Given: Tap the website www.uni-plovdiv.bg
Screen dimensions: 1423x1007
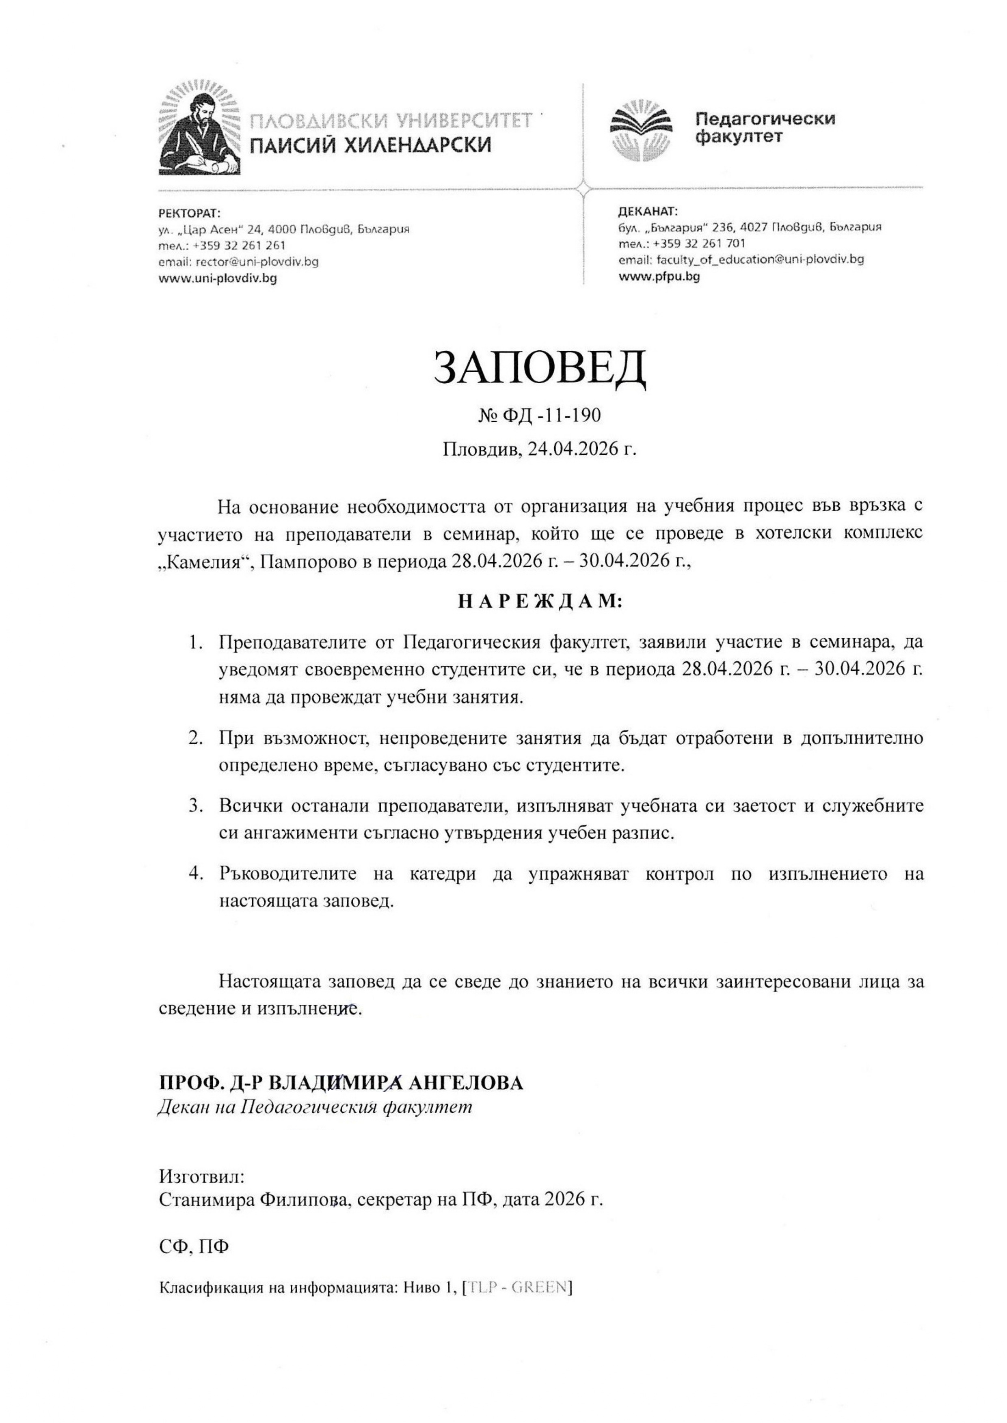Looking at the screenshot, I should [x=218, y=279].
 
